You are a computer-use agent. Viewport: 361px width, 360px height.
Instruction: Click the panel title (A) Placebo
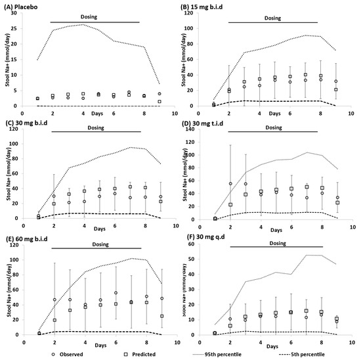pos(24,5)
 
